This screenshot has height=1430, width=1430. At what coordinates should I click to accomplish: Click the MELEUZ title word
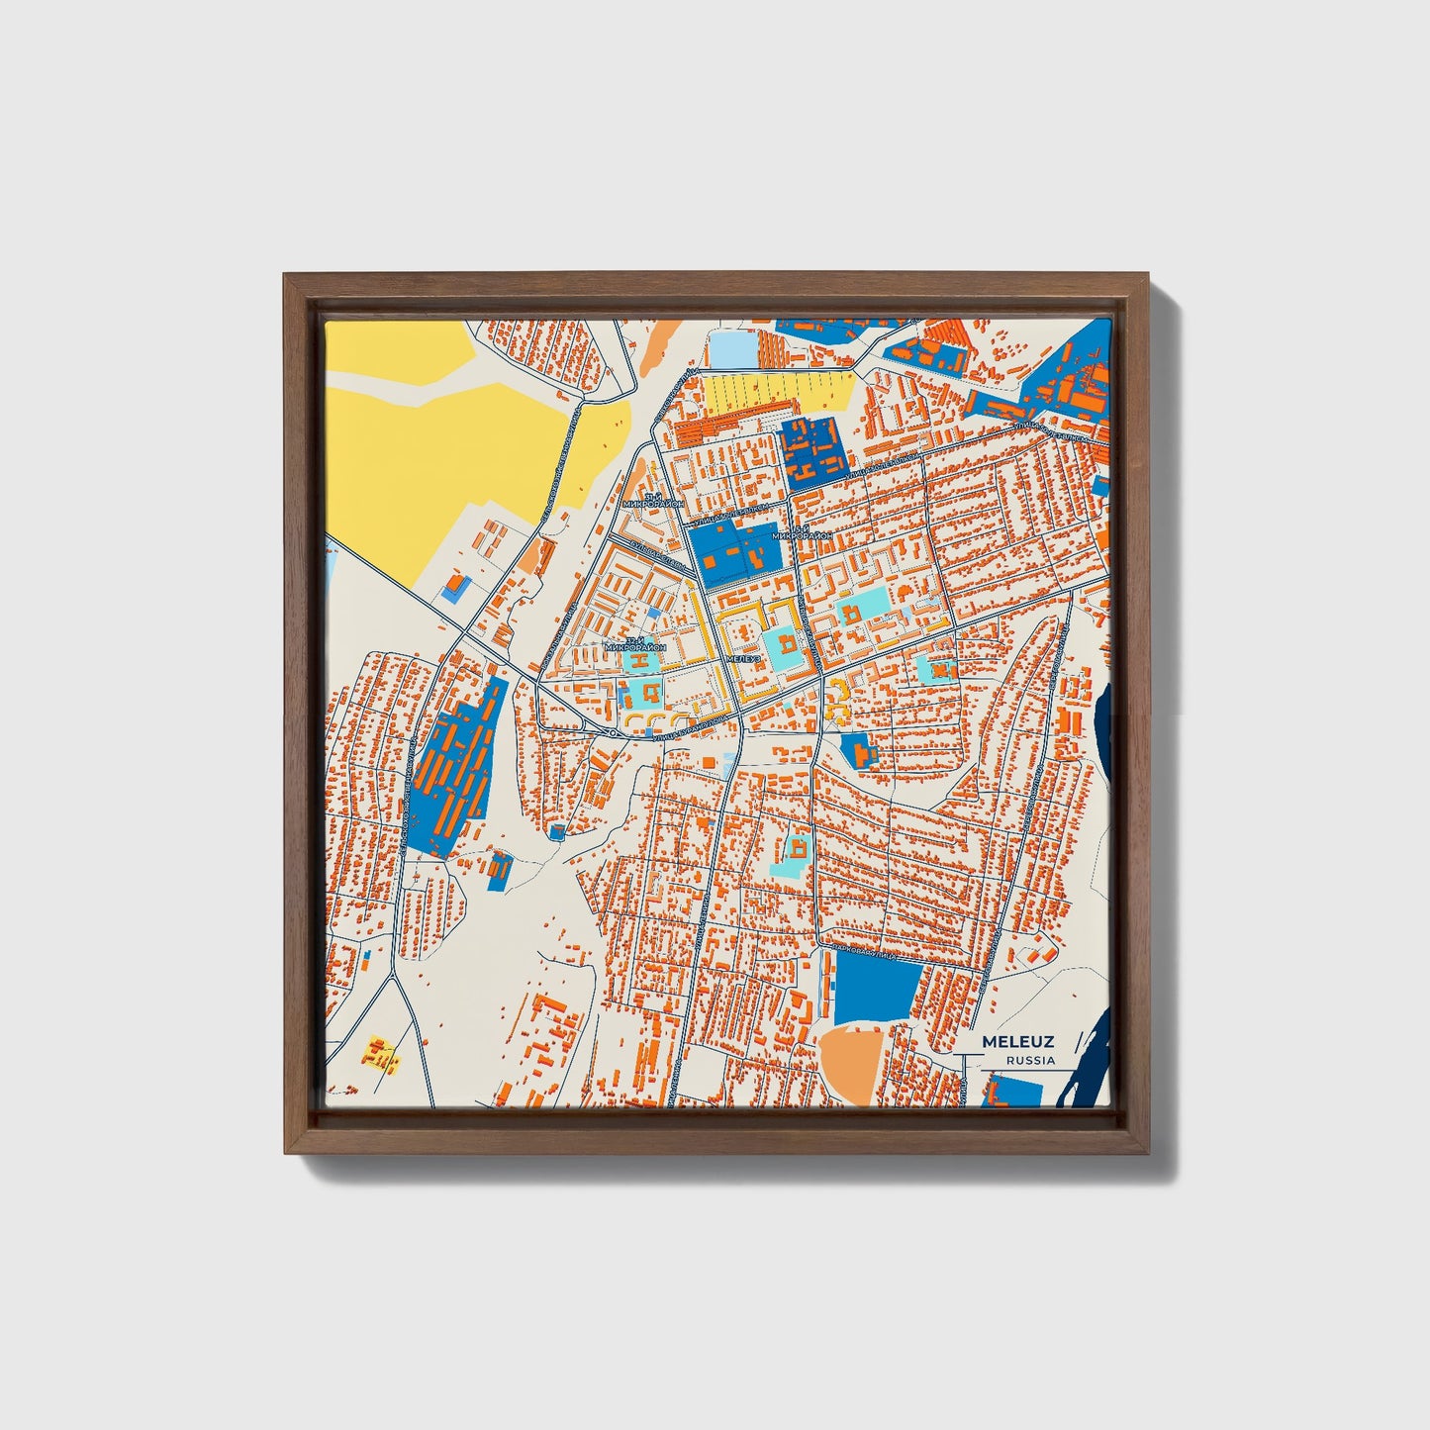(x=1018, y=1042)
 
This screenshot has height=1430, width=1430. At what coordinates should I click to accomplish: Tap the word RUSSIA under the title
(x=1030, y=1060)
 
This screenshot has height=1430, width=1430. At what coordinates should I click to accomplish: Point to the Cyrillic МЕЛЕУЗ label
(x=743, y=659)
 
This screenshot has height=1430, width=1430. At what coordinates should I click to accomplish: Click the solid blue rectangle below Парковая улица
(x=877, y=991)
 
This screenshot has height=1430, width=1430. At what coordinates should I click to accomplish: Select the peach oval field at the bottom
(x=853, y=1064)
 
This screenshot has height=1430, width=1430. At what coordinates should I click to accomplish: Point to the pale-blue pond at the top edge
(x=730, y=347)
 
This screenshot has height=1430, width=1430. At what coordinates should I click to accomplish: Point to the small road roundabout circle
(x=614, y=732)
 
